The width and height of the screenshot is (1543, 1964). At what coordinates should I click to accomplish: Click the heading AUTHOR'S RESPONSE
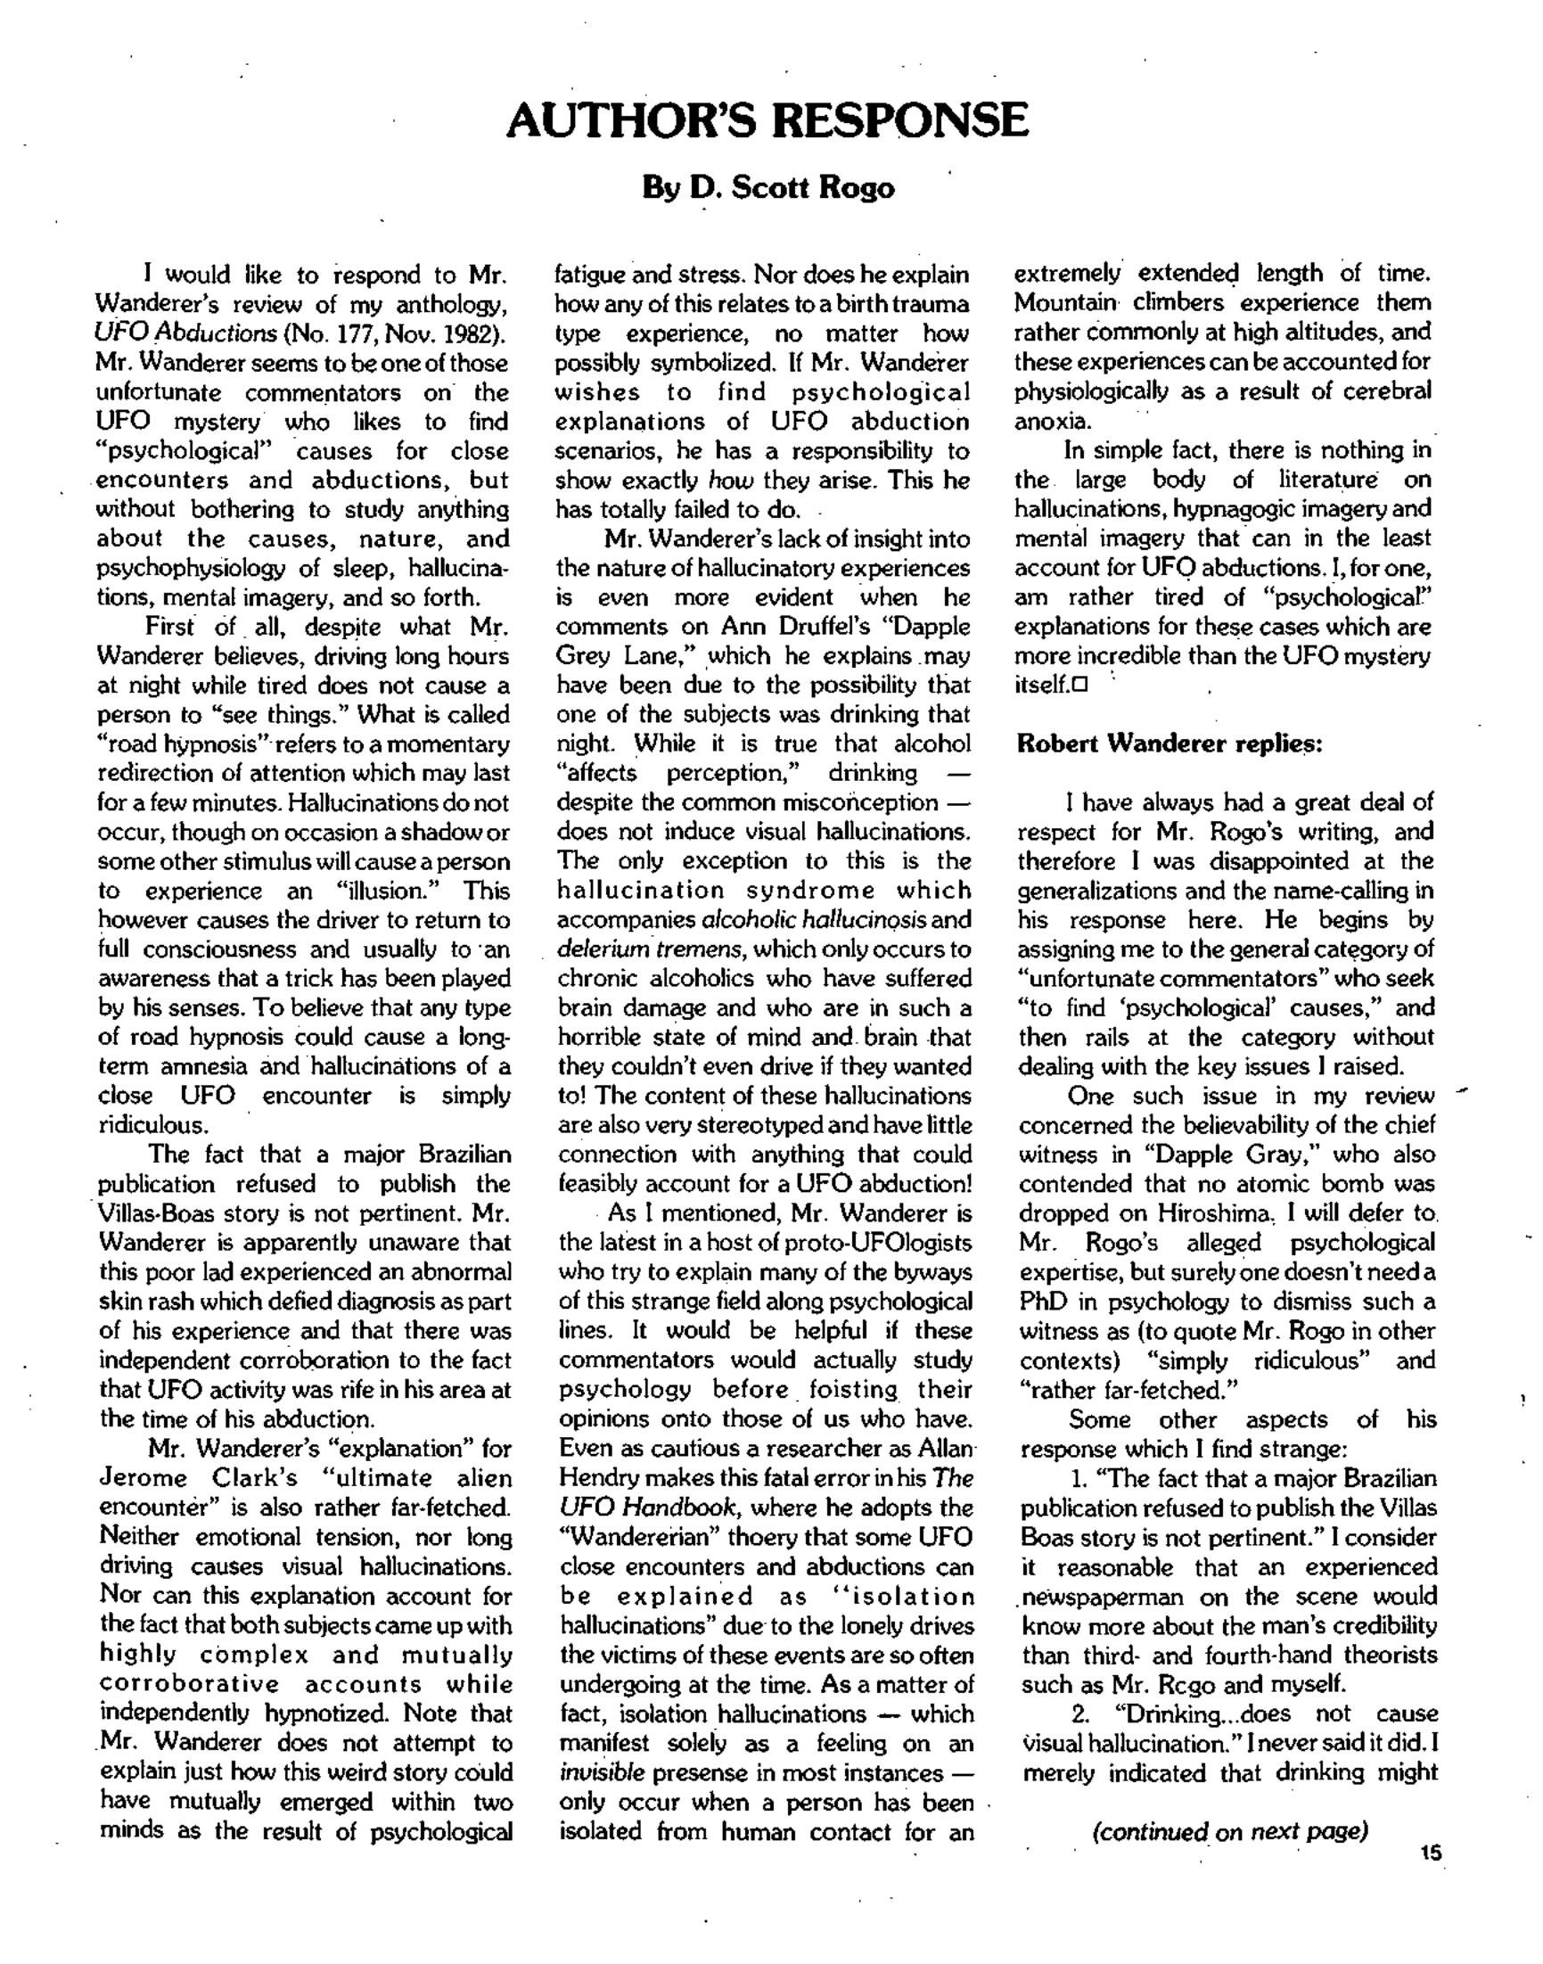(x=767, y=120)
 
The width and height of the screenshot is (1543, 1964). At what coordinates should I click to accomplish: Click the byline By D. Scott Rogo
(x=767, y=188)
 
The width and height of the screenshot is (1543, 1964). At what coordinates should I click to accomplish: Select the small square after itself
(x=1080, y=685)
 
